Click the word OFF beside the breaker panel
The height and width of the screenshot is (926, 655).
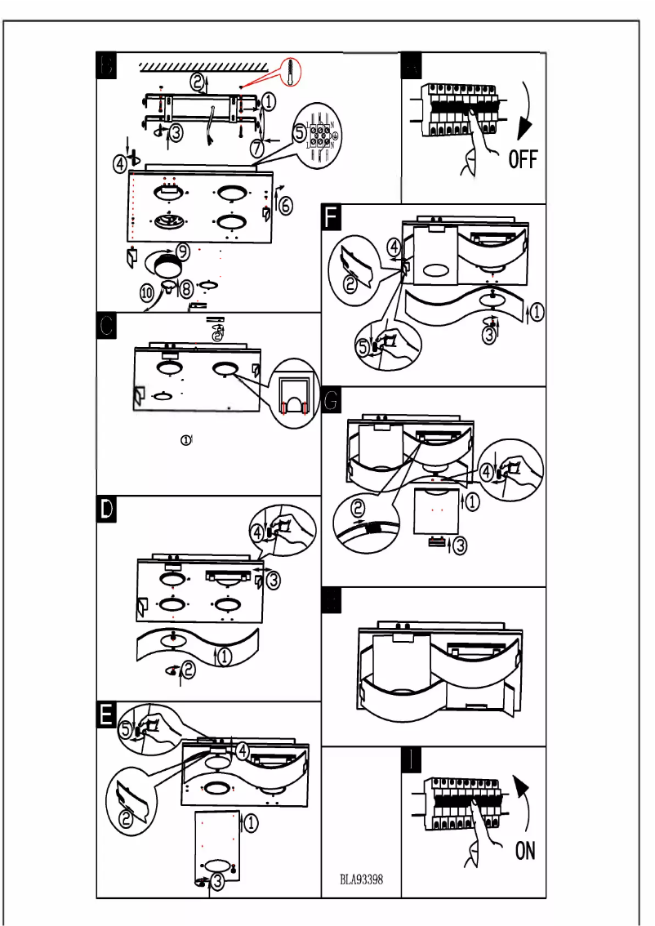(x=523, y=158)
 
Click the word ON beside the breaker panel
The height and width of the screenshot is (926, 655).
(x=525, y=851)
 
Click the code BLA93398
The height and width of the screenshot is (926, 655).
(x=362, y=880)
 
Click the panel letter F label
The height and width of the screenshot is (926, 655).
(x=333, y=218)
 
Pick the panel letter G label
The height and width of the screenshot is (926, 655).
(x=333, y=401)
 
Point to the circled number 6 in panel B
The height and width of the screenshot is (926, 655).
(x=285, y=205)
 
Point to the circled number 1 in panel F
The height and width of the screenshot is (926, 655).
(x=537, y=310)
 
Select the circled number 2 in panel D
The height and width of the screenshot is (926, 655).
(x=189, y=670)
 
